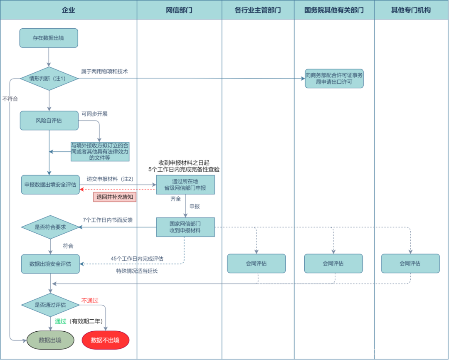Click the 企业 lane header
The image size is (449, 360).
(x=68, y=10)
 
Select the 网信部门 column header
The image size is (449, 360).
(x=179, y=10)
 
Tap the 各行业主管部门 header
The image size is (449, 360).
(x=258, y=10)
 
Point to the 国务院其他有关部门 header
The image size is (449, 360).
(x=334, y=10)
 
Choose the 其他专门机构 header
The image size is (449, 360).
(x=411, y=10)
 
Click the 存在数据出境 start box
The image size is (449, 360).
(x=49, y=38)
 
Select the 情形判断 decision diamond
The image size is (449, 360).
(x=49, y=79)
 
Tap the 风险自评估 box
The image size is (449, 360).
(x=49, y=121)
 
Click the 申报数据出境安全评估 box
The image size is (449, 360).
(x=50, y=185)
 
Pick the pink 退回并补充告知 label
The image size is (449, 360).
(x=115, y=197)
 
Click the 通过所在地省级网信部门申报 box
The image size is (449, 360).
(x=185, y=185)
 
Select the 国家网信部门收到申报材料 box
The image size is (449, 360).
(x=185, y=227)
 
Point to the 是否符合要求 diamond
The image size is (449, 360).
(x=50, y=227)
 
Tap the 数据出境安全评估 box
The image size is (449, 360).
(x=50, y=264)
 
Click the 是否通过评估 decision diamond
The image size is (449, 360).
(x=50, y=305)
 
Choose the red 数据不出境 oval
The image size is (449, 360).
(x=105, y=340)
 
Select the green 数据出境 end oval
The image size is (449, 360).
(x=50, y=340)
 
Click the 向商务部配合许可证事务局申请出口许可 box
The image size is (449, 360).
(x=334, y=79)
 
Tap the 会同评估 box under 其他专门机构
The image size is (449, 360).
(x=410, y=263)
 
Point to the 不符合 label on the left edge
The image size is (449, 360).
(x=10, y=99)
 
